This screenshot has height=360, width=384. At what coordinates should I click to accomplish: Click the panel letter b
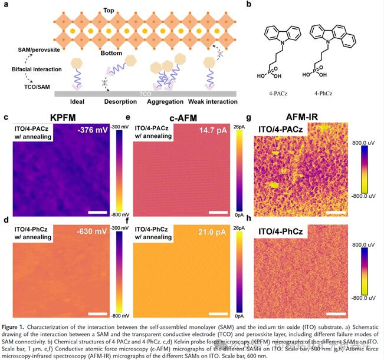pos(250,5)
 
